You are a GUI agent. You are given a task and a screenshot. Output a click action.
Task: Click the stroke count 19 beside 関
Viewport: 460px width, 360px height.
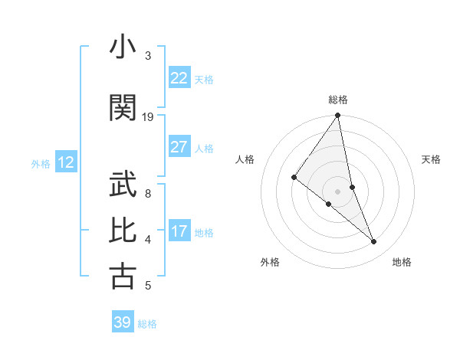148,116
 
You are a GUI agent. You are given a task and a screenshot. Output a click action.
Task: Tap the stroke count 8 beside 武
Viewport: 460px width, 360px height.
148,193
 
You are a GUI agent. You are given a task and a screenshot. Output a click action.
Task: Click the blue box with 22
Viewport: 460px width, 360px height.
179,78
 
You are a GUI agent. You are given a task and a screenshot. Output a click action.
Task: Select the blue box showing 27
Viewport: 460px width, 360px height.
179,147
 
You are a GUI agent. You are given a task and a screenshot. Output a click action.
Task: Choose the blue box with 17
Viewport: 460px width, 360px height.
179,231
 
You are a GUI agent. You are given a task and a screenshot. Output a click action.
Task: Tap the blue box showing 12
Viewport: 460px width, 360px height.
65,162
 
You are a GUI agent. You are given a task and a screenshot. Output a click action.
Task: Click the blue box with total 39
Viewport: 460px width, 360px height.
122,322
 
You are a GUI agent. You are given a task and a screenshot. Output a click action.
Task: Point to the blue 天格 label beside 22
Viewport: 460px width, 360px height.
204,80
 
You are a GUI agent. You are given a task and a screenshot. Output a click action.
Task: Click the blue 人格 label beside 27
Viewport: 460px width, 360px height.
204,149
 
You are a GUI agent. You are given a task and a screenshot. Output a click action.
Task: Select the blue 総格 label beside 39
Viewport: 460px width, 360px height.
147,324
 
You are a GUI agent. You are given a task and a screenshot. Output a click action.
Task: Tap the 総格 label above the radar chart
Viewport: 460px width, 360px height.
337,100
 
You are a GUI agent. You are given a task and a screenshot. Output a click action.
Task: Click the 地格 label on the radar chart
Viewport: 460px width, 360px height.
402,262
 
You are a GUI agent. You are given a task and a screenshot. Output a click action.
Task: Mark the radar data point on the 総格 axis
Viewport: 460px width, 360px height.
337,116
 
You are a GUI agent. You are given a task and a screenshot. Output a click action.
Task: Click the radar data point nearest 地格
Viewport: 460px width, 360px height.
374,242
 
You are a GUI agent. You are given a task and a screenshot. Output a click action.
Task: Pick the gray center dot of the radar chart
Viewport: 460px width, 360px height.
337,191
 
